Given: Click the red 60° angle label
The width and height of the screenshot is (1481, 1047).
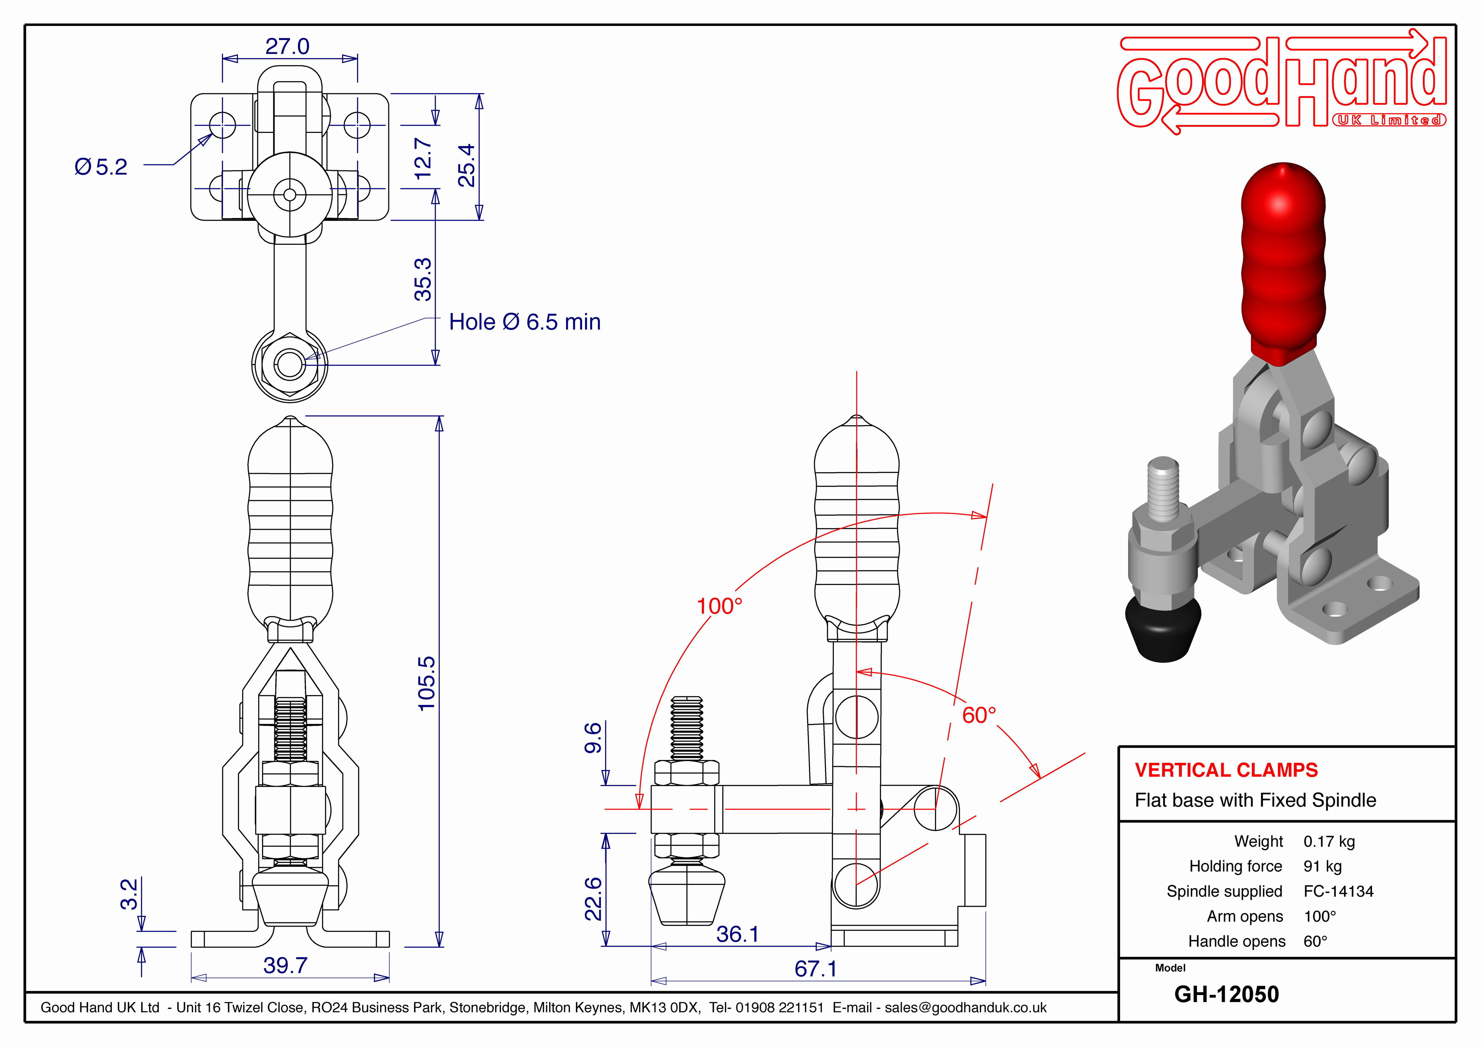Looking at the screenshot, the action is tap(979, 715).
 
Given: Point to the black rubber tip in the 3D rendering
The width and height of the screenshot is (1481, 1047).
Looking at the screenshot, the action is tap(1163, 628).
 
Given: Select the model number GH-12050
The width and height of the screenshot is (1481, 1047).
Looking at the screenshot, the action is tap(1227, 994).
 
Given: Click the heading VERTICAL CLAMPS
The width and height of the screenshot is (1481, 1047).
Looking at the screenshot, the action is tap(1226, 770).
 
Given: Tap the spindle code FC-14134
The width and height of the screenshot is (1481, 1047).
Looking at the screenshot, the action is tap(1338, 891).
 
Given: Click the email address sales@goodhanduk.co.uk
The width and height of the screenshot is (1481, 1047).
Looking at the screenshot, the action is tap(966, 1008).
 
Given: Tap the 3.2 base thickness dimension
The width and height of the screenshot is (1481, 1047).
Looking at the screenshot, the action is tap(129, 894).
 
